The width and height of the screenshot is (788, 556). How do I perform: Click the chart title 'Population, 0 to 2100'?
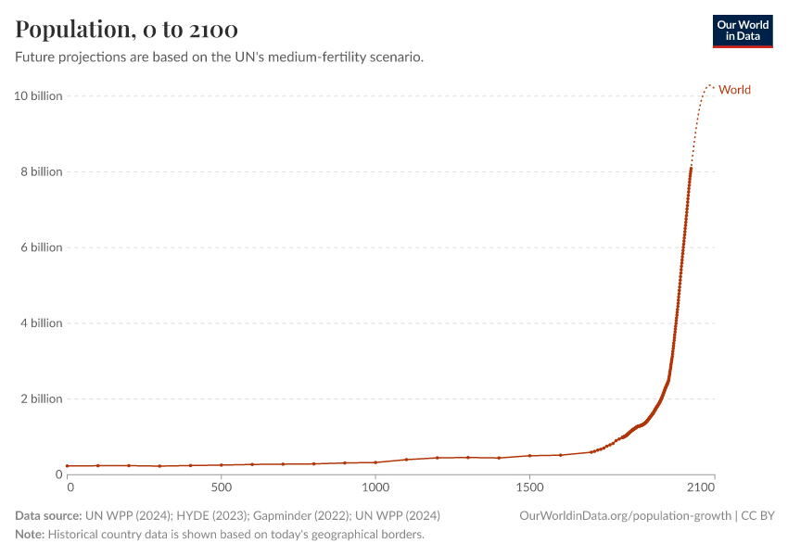click(x=126, y=30)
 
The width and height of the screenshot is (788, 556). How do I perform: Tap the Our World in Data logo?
click(x=742, y=31)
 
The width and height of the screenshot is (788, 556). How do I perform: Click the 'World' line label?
click(x=734, y=90)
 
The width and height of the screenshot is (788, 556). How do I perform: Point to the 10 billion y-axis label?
click(x=38, y=96)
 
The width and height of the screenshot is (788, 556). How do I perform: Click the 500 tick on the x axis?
click(x=221, y=486)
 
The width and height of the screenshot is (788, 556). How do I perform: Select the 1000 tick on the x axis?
click(x=375, y=486)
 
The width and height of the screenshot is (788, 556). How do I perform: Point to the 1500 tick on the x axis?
click(x=529, y=486)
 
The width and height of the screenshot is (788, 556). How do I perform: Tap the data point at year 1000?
click(x=375, y=461)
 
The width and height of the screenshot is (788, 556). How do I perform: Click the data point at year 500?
click(x=221, y=465)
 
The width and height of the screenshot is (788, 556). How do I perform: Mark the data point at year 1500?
click(x=529, y=456)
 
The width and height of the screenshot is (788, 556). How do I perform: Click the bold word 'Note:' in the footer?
click(x=30, y=535)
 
